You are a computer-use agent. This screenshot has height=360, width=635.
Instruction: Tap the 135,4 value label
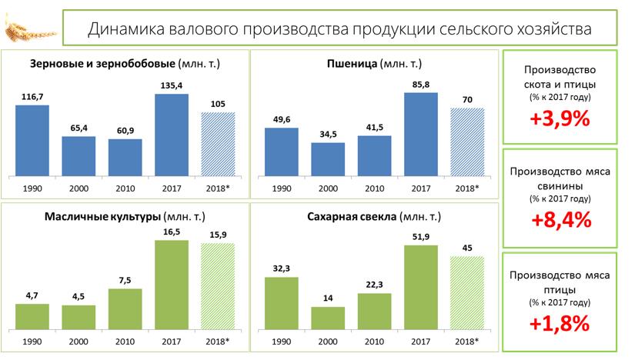(x=171, y=85)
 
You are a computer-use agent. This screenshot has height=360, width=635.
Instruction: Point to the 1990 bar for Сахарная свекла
(x=282, y=302)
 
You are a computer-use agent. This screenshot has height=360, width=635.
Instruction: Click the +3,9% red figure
(x=559, y=118)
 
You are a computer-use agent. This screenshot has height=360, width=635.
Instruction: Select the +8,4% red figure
(x=559, y=220)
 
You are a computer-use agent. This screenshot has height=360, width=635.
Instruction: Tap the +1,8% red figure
(x=559, y=322)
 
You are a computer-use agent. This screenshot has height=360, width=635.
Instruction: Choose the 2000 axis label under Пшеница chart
(x=328, y=187)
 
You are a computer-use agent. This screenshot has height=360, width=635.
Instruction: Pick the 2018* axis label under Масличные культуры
(x=218, y=340)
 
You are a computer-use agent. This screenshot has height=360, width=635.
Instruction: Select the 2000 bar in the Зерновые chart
(x=79, y=155)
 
